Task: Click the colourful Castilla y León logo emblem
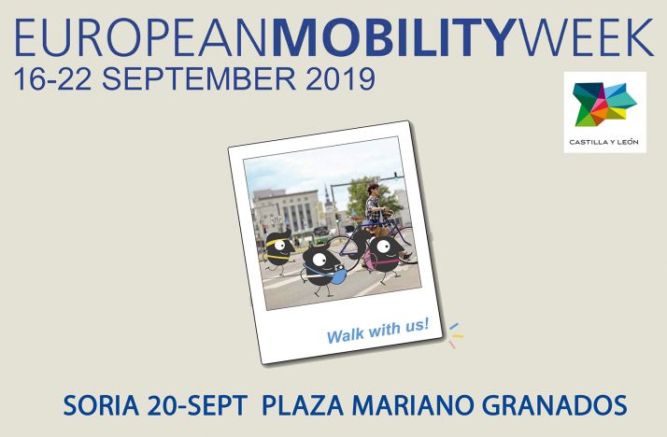pos(604,105)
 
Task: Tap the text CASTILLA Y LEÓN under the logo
pos(604,143)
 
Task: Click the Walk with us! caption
pos(377,330)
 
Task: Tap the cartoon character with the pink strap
pos(383,253)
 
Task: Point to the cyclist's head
pos(373,190)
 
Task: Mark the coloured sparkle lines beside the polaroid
pos(454,334)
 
